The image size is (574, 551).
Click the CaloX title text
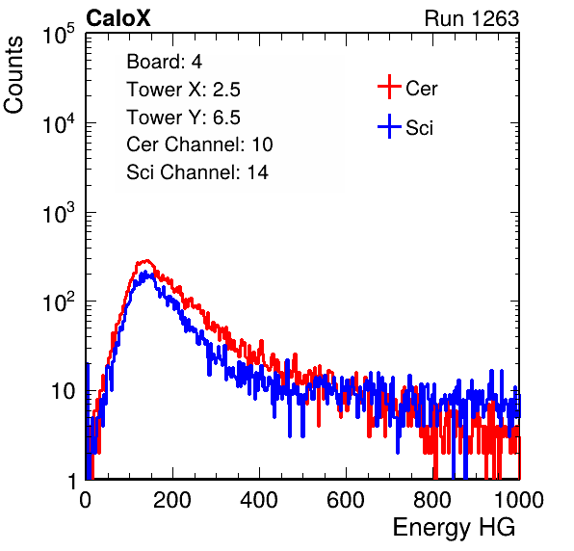[x=118, y=18]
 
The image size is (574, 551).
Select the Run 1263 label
[x=472, y=18]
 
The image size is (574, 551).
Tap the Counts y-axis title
[x=13, y=75]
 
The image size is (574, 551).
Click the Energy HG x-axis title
[x=454, y=528]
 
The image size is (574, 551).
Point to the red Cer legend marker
[x=389, y=87]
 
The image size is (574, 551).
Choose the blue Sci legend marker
[x=389, y=126]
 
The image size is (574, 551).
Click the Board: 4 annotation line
[x=164, y=62]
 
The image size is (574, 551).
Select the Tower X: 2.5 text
[x=183, y=90]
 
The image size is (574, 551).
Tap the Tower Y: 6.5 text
[x=183, y=118]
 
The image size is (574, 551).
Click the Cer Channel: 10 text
[x=199, y=144]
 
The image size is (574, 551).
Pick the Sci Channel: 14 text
[x=197, y=172]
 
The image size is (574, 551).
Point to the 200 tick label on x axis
[x=172, y=500]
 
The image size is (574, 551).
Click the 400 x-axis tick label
[x=259, y=500]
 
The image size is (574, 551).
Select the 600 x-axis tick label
[x=346, y=500]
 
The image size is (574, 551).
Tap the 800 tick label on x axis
[x=432, y=500]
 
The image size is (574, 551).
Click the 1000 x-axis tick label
[x=519, y=500]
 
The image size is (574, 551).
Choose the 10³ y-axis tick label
[x=60, y=212]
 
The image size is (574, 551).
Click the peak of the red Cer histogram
[x=146, y=260]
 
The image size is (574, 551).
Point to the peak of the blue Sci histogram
[x=145, y=272]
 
